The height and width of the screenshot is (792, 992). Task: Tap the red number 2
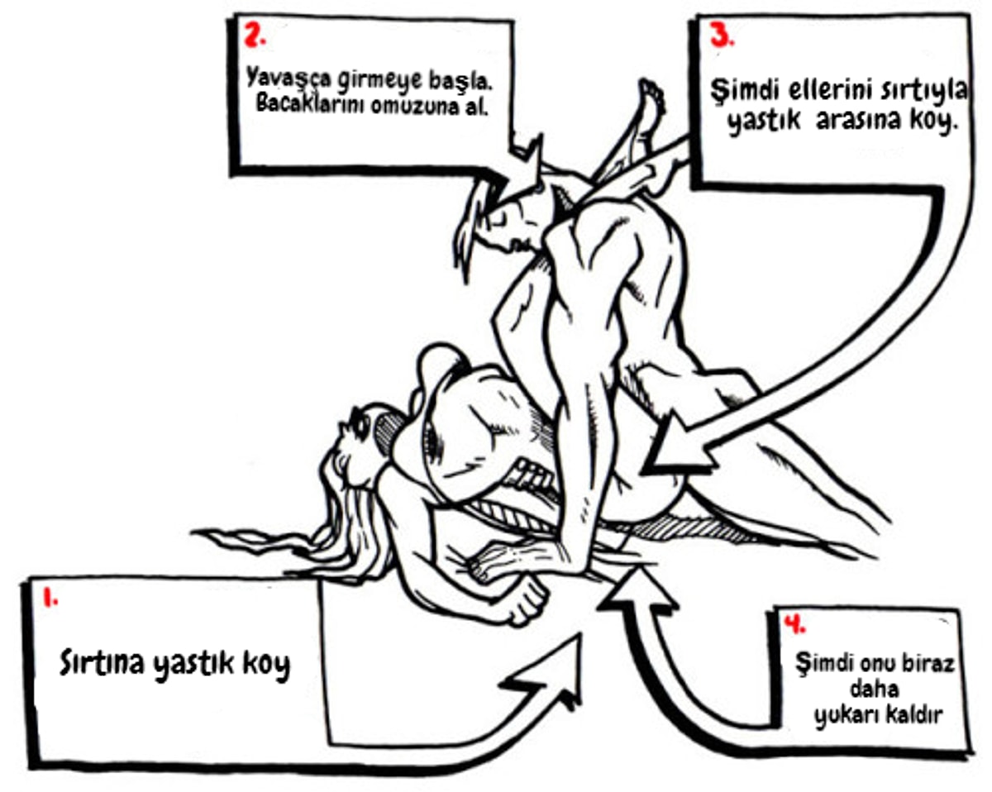click(255, 34)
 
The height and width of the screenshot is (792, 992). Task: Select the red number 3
click(722, 35)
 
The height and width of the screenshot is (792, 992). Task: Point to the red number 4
click(794, 623)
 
